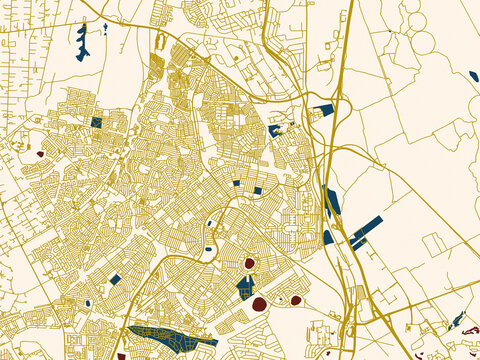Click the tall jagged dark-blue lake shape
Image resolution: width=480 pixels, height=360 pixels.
[x=82, y=41]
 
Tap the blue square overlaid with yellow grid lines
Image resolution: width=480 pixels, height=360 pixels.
[x=96, y=122]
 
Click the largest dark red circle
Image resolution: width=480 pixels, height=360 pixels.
[x=258, y=303]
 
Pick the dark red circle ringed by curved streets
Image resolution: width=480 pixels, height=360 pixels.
[x=249, y=264]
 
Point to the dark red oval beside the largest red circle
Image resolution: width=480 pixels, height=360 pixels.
[x=295, y=299]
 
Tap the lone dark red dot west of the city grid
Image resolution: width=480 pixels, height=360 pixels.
[x=40, y=154]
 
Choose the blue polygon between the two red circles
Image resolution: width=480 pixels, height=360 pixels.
[x=245, y=288]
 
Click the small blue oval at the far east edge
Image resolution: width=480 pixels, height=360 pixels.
[x=473, y=76]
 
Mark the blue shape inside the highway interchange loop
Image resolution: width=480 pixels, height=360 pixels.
[x=322, y=110]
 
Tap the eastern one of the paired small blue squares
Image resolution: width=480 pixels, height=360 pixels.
[x=257, y=190]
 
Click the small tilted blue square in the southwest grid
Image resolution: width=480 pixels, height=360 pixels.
[x=115, y=280]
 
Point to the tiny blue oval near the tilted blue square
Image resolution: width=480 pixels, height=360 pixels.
[x=88, y=302]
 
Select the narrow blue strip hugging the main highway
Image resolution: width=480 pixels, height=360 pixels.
[x=333, y=201]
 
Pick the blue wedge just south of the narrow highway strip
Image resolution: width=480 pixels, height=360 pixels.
[x=328, y=237]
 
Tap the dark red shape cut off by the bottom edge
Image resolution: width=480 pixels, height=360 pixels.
[x=121, y=355]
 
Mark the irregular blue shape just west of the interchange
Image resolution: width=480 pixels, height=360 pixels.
[x=274, y=130]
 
